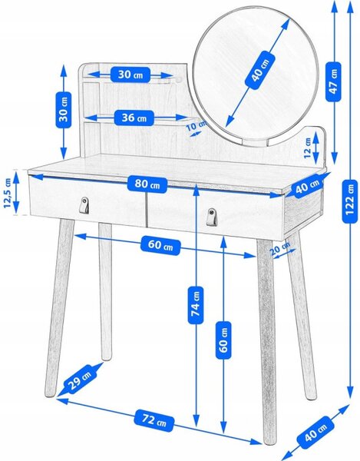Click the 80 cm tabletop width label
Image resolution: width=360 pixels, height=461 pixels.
(147, 184)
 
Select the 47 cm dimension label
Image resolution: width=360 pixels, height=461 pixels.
(333, 81)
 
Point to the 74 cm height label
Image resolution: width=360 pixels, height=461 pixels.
(196, 305)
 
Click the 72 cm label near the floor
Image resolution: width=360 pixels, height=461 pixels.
(154, 421)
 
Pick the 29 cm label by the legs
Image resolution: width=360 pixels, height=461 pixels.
(80, 378)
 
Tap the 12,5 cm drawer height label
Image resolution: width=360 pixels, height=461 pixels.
(7, 193)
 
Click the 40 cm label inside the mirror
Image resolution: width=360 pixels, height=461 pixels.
(260, 70)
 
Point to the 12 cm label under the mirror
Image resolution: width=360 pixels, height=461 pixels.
(307, 148)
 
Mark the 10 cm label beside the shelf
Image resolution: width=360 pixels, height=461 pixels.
(197, 125)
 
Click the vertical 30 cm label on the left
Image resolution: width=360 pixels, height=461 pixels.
(64, 110)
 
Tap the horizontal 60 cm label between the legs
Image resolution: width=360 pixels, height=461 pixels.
(160, 245)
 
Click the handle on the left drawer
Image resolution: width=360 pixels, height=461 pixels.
(84, 204)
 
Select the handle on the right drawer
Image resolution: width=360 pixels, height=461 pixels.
(211, 217)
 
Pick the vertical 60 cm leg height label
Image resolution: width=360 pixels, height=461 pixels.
(223, 340)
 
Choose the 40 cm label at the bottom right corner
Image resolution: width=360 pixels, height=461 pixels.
(315, 432)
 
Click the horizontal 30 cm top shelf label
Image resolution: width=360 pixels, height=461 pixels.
(130, 75)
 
